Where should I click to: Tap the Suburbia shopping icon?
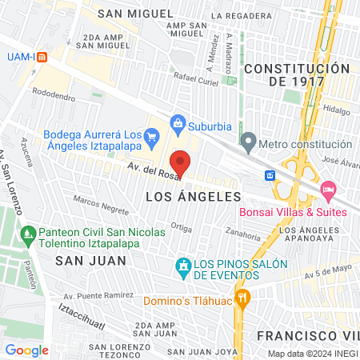tap(178, 124)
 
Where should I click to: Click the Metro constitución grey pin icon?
tap(249, 144)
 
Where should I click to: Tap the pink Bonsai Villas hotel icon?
tap(326, 189)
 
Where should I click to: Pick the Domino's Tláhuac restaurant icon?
tap(244, 301)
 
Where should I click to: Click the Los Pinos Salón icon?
tap(183, 266)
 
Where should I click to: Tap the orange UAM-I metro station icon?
tap(42, 58)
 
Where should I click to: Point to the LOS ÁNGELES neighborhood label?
tap(194, 196)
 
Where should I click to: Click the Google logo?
tap(26, 349)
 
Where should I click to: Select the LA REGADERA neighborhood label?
tap(237, 15)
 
